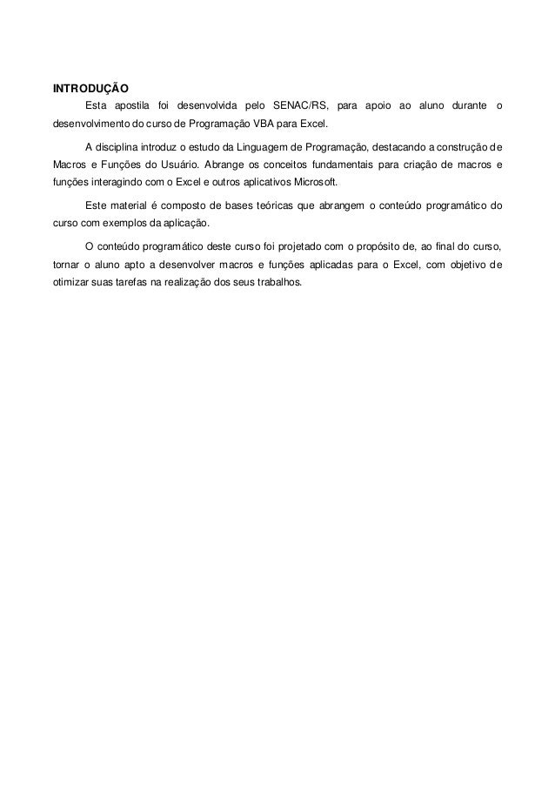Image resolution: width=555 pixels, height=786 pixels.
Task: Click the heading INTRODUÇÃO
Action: [x=91, y=89]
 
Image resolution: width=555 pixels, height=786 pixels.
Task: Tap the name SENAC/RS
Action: [x=301, y=107]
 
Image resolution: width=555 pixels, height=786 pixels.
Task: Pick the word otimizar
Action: [x=70, y=286]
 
